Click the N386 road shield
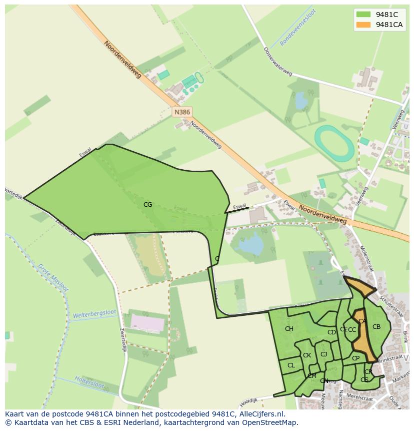pyautogui.click(x=182, y=112)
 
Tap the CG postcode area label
pyautogui.click(x=147, y=204)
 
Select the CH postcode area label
pyautogui.click(x=289, y=329)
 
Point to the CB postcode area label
pyautogui.click(x=376, y=327)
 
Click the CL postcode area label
pyautogui.click(x=291, y=365)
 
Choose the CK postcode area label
pyautogui.click(x=307, y=355)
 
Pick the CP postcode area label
pyautogui.click(x=355, y=358)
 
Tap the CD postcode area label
pyautogui.click(x=331, y=332)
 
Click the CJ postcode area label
pyautogui.click(x=323, y=354)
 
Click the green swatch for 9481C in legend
pyautogui.click(x=363, y=15)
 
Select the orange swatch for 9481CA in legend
pyautogui.click(x=363, y=25)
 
